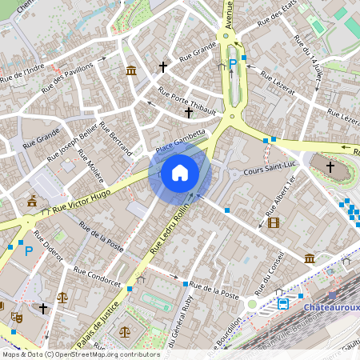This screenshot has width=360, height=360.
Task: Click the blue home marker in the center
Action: point(179,173)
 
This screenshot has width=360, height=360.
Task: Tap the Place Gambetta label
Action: point(181,141)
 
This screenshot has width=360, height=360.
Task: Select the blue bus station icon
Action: point(283,303)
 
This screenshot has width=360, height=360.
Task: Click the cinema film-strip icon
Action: point(274,222)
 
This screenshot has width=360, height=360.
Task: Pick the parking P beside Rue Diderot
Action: point(29,251)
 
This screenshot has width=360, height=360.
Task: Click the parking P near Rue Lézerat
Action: point(233,62)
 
